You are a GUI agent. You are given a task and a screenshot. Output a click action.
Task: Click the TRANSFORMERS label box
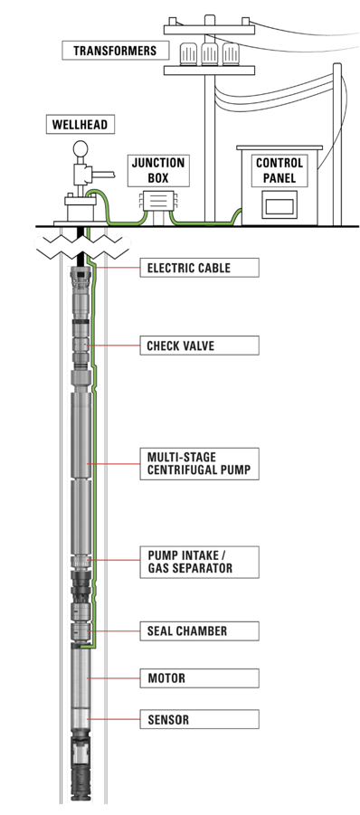pyautogui.click(x=116, y=51)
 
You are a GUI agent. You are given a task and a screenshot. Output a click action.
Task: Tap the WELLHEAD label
pyautogui.click(x=80, y=125)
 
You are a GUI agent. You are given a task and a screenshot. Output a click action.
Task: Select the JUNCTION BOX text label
pyautogui.click(x=158, y=170)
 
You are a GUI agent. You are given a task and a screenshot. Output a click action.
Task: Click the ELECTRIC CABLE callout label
pyautogui.click(x=200, y=269)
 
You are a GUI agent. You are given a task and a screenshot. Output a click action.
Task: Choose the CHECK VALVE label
pyautogui.click(x=200, y=346)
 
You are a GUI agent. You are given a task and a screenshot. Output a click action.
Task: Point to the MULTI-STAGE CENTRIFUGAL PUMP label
pyautogui.click(x=200, y=464)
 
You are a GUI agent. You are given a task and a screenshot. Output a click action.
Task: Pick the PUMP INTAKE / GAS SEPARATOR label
pyautogui.click(x=200, y=562)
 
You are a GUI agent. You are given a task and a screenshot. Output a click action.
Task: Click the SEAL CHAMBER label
pyautogui.click(x=200, y=631)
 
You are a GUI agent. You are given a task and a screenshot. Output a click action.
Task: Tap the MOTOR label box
pyautogui.click(x=200, y=678)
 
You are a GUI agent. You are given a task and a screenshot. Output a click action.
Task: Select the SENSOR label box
pyautogui.click(x=200, y=720)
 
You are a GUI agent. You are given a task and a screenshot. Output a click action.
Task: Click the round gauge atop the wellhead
pyautogui.click(x=81, y=149)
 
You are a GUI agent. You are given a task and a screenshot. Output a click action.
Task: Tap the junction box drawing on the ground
pyautogui.click(x=158, y=204)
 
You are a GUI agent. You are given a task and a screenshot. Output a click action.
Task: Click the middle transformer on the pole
pyautogui.click(x=209, y=53)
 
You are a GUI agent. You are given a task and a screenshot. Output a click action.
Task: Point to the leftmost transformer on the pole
pyautogui.click(x=187, y=53)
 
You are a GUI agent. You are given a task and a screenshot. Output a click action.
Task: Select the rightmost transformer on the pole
pyautogui.click(x=230, y=53)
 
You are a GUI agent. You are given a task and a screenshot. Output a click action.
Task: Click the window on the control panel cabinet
pyautogui.click(x=279, y=204)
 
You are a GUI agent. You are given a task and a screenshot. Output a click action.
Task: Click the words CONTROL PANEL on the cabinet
pyautogui.click(x=279, y=170)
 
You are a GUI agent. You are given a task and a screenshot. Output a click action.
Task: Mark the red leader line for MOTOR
pyautogui.click(x=114, y=678)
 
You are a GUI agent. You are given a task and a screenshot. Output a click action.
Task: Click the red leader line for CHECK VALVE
pyautogui.click(x=114, y=346)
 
